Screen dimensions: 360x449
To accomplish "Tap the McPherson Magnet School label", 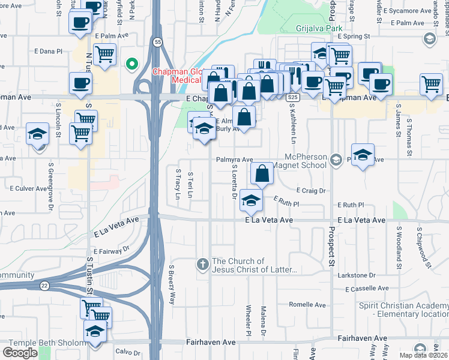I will [x=314, y=161].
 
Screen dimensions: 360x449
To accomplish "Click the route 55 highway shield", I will [x=157, y=42].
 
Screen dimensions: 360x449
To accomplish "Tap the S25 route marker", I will [x=292, y=97].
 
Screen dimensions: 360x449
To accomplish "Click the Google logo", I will [x=20, y=353].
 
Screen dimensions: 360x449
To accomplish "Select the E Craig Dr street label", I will [x=310, y=191].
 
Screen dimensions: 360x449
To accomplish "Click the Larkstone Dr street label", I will [x=356, y=275].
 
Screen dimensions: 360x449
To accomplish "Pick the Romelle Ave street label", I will [x=306, y=305].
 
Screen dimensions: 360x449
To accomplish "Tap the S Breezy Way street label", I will [x=172, y=284].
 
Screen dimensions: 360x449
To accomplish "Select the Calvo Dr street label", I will [x=127, y=352].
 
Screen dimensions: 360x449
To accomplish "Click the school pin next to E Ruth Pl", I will [x=252, y=200].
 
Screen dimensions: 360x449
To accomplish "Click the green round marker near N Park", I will [x=131, y=64].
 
